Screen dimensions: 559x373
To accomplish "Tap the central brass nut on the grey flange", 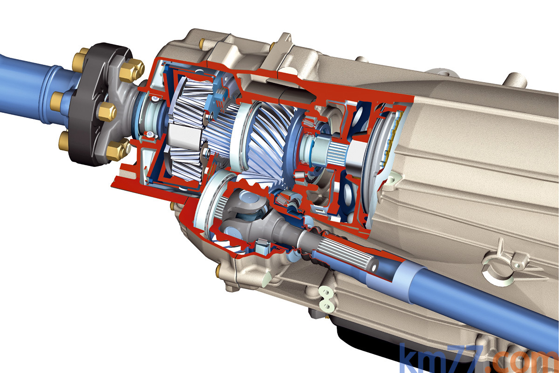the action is click(x=107, y=112).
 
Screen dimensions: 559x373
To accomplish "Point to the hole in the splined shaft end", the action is click(x=374, y=268).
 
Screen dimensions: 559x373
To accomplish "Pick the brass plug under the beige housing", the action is click(x=219, y=270).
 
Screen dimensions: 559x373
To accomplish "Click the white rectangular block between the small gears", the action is click(x=184, y=136).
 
